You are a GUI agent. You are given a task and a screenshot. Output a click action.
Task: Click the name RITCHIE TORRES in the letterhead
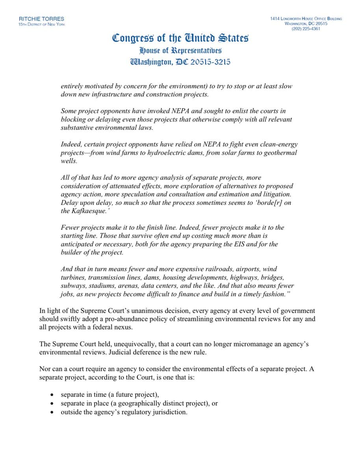coord(41,19)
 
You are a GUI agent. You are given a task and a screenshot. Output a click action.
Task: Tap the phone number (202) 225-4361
coord(306,29)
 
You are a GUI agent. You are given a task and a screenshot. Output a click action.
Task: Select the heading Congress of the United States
coord(180,38)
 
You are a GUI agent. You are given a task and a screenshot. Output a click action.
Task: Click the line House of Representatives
coord(180,50)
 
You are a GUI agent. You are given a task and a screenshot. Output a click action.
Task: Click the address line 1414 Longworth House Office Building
coord(306,19)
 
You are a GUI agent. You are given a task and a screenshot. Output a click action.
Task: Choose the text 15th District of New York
coord(41,24)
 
